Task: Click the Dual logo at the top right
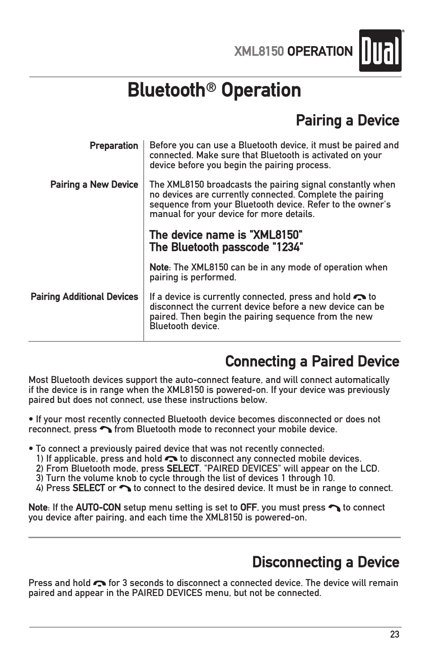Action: [x=380, y=51]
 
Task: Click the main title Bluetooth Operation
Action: [x=214, y=90]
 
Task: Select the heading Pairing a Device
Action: [x=347, y=121]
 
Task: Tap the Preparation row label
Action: [x=114, y=146]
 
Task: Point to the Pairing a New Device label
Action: [x=94, y=184]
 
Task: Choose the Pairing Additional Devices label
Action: [x=84, y=297]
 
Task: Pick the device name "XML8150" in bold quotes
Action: [x=276, y=235]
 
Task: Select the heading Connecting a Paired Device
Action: [x=312, y=362]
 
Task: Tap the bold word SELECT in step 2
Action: [x=183, y=468]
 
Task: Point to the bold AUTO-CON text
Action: [x=98, y=507]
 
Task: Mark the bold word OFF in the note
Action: [x=248, y=507]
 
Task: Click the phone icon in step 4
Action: [x=125, y=488]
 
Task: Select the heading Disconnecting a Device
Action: [x=326, y=563]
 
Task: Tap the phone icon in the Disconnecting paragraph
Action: [x=99, y=583]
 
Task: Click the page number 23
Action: [x=394, y=634]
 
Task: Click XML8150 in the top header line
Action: [x=259, y=52]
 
